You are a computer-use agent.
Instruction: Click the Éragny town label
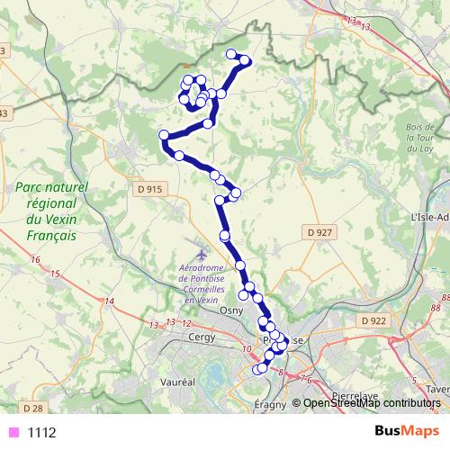(x=269, y=403)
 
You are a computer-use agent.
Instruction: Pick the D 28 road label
(x=31, y=408)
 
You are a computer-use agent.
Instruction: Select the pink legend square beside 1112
(x=13, y=432)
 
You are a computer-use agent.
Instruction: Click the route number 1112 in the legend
(x=42, y=432)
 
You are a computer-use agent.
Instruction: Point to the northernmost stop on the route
(x=232, y=54)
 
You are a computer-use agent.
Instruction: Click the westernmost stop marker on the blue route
(x=165, y=136)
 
